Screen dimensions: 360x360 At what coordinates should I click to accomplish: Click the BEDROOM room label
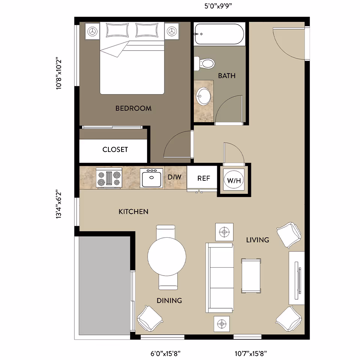click(133, 108)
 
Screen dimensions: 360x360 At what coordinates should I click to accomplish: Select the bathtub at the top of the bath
click(219, 34)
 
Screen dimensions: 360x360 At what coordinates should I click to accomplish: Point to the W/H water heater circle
click(234, 180)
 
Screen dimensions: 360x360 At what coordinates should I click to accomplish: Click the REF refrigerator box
click(204, 178)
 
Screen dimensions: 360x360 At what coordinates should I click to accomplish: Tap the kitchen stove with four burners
click(109, 178)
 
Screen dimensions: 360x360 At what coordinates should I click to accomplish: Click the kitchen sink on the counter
click(151, 178)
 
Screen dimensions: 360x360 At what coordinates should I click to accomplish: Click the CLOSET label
click(115, 150)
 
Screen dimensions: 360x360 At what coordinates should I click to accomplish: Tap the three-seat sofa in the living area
click(219, 277)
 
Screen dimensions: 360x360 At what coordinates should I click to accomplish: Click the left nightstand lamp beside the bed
click(92, 31)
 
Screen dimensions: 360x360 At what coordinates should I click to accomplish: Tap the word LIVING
click(258, 240)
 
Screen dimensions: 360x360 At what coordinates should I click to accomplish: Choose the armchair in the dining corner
click(150, 316)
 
